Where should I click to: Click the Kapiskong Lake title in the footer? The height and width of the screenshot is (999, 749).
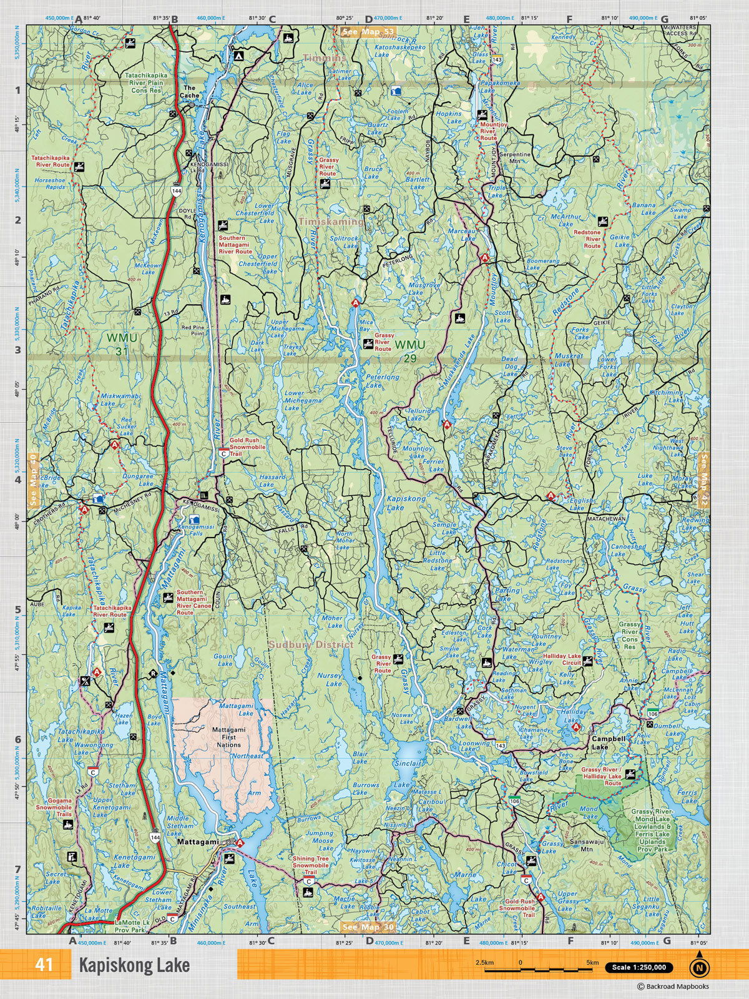point(133,966)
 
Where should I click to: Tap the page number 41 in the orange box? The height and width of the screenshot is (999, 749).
point(44,965)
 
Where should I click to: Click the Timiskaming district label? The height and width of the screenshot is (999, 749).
point(330,222)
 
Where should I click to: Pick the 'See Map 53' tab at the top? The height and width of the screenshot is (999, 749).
point(368,31)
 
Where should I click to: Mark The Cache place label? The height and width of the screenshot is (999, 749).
point(190,92)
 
